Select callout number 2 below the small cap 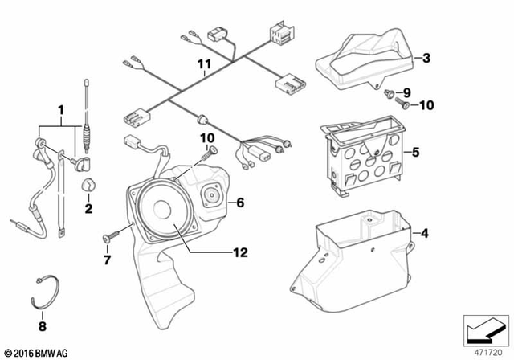88,210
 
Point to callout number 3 427,58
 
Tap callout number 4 425,234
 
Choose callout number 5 416,151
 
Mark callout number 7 105,260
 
